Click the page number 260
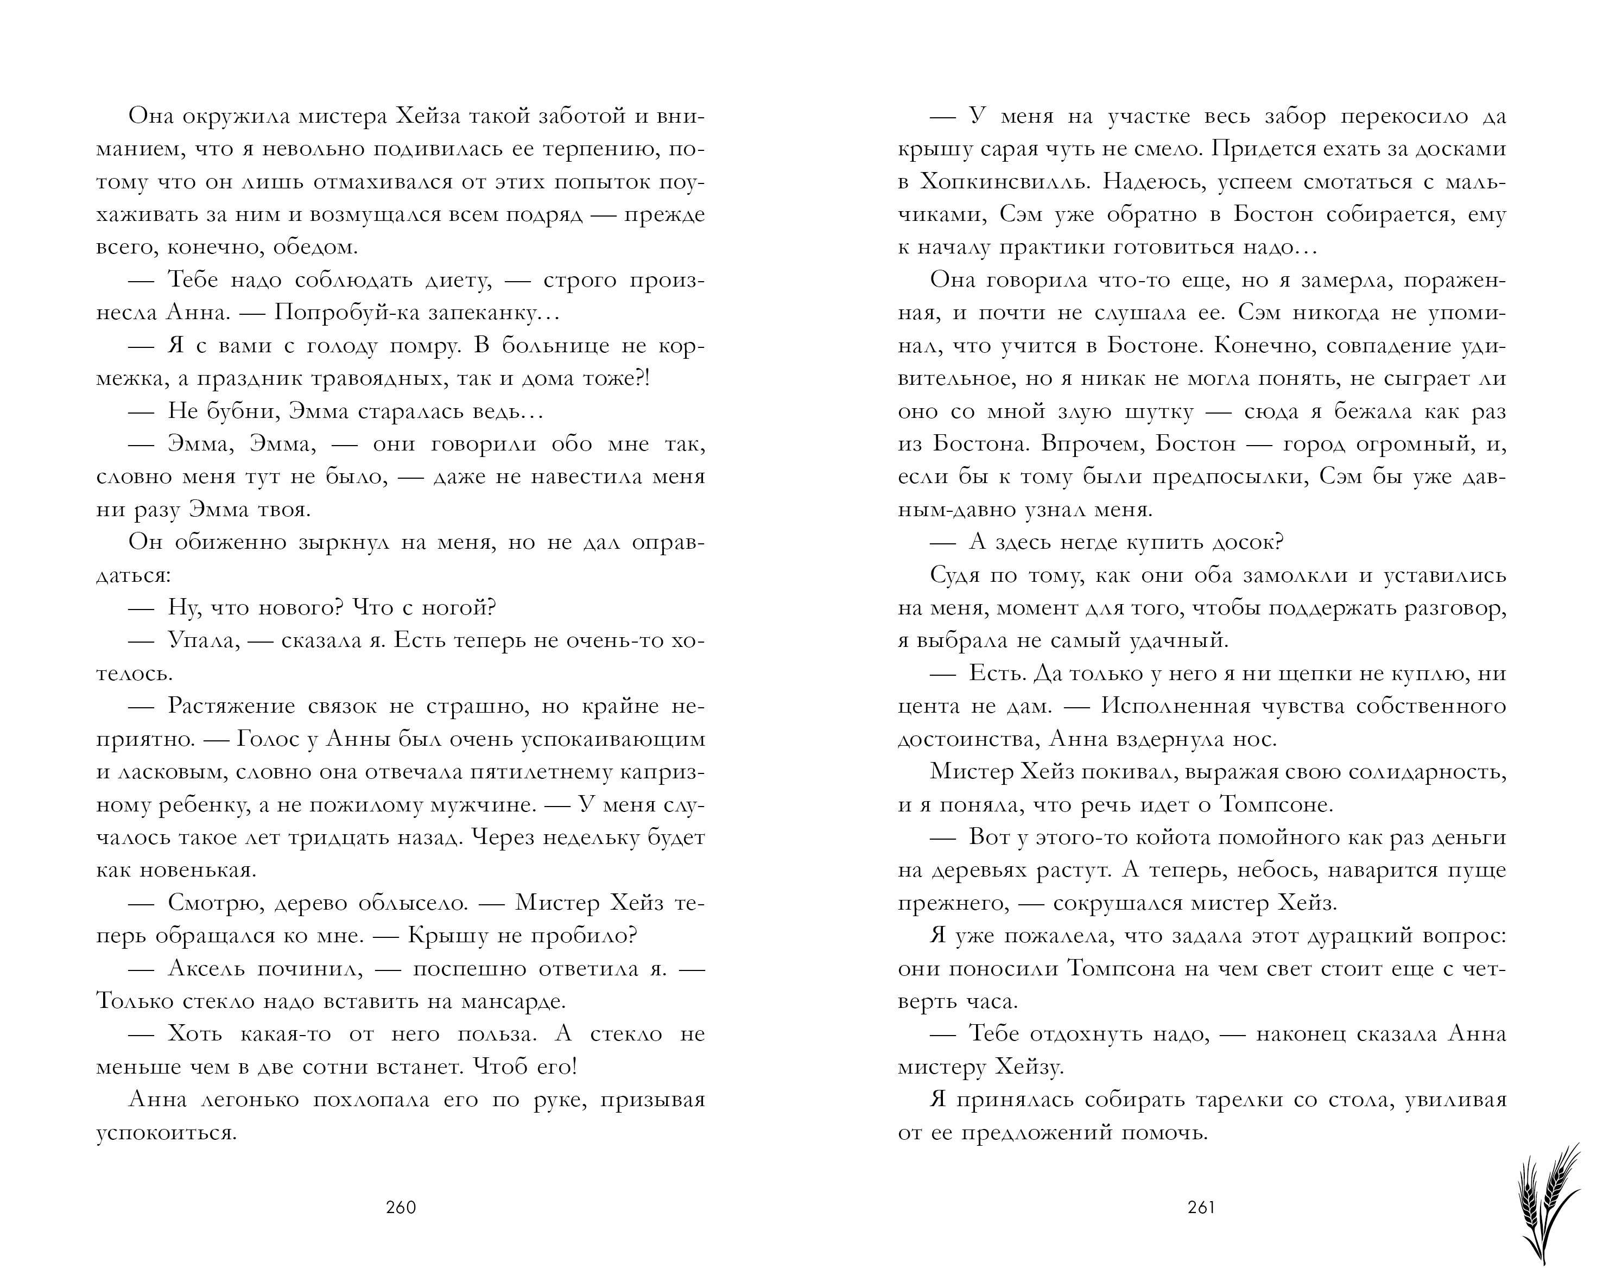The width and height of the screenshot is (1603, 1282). (x=401, y=1208)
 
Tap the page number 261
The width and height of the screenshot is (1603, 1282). (x=1201, y=1208)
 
